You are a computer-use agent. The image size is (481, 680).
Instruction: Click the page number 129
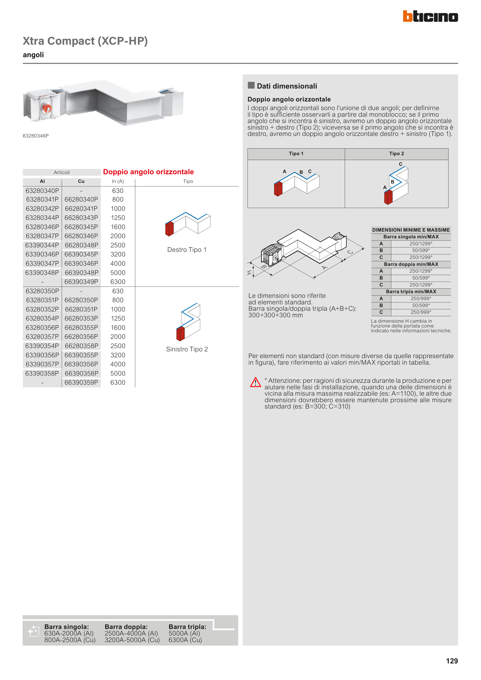(x=452, y=661)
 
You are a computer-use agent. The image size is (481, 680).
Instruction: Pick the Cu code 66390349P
(x=81, y=282)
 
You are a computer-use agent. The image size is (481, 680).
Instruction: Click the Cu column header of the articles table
(x=81, y=181)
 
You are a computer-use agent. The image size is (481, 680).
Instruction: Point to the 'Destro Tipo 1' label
(x=187, y=250)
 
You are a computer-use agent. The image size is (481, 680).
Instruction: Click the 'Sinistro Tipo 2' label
(x=187, y=349)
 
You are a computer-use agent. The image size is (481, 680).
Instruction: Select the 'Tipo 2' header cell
(x=396, y=154)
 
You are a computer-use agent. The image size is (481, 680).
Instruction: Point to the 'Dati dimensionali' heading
(x=287, y=86)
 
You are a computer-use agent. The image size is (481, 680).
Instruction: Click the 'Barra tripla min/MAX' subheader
(x=411, y=292)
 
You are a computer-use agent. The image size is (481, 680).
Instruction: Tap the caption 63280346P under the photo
(x=36, y=136)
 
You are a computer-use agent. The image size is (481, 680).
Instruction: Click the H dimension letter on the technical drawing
(x=249, y=273)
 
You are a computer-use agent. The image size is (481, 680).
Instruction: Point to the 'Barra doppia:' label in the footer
(x=126, y=627)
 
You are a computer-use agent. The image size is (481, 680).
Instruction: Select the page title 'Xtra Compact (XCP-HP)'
(x=85, y=41)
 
